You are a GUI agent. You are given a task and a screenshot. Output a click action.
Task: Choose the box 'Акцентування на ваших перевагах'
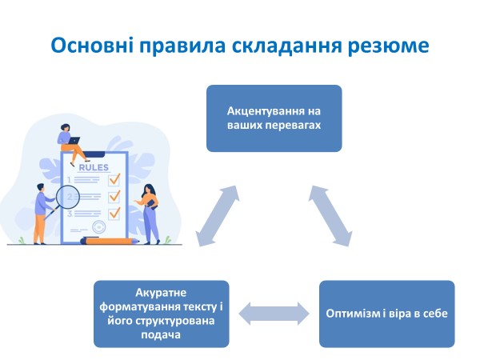click(274, 118)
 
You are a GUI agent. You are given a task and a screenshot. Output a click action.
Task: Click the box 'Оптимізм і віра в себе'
click(386, 313)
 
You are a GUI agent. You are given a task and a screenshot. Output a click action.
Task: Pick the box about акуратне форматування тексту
click(161, 313)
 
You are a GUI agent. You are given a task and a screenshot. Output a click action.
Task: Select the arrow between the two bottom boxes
click(274, 313)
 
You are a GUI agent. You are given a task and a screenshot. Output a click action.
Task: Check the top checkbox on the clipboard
click(114, 178)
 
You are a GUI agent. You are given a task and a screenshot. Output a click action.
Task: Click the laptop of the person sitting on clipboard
click(74, 141)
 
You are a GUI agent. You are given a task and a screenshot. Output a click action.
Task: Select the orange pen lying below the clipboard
click(112, 239)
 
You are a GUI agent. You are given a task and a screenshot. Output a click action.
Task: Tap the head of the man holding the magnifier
click(40, 189)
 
